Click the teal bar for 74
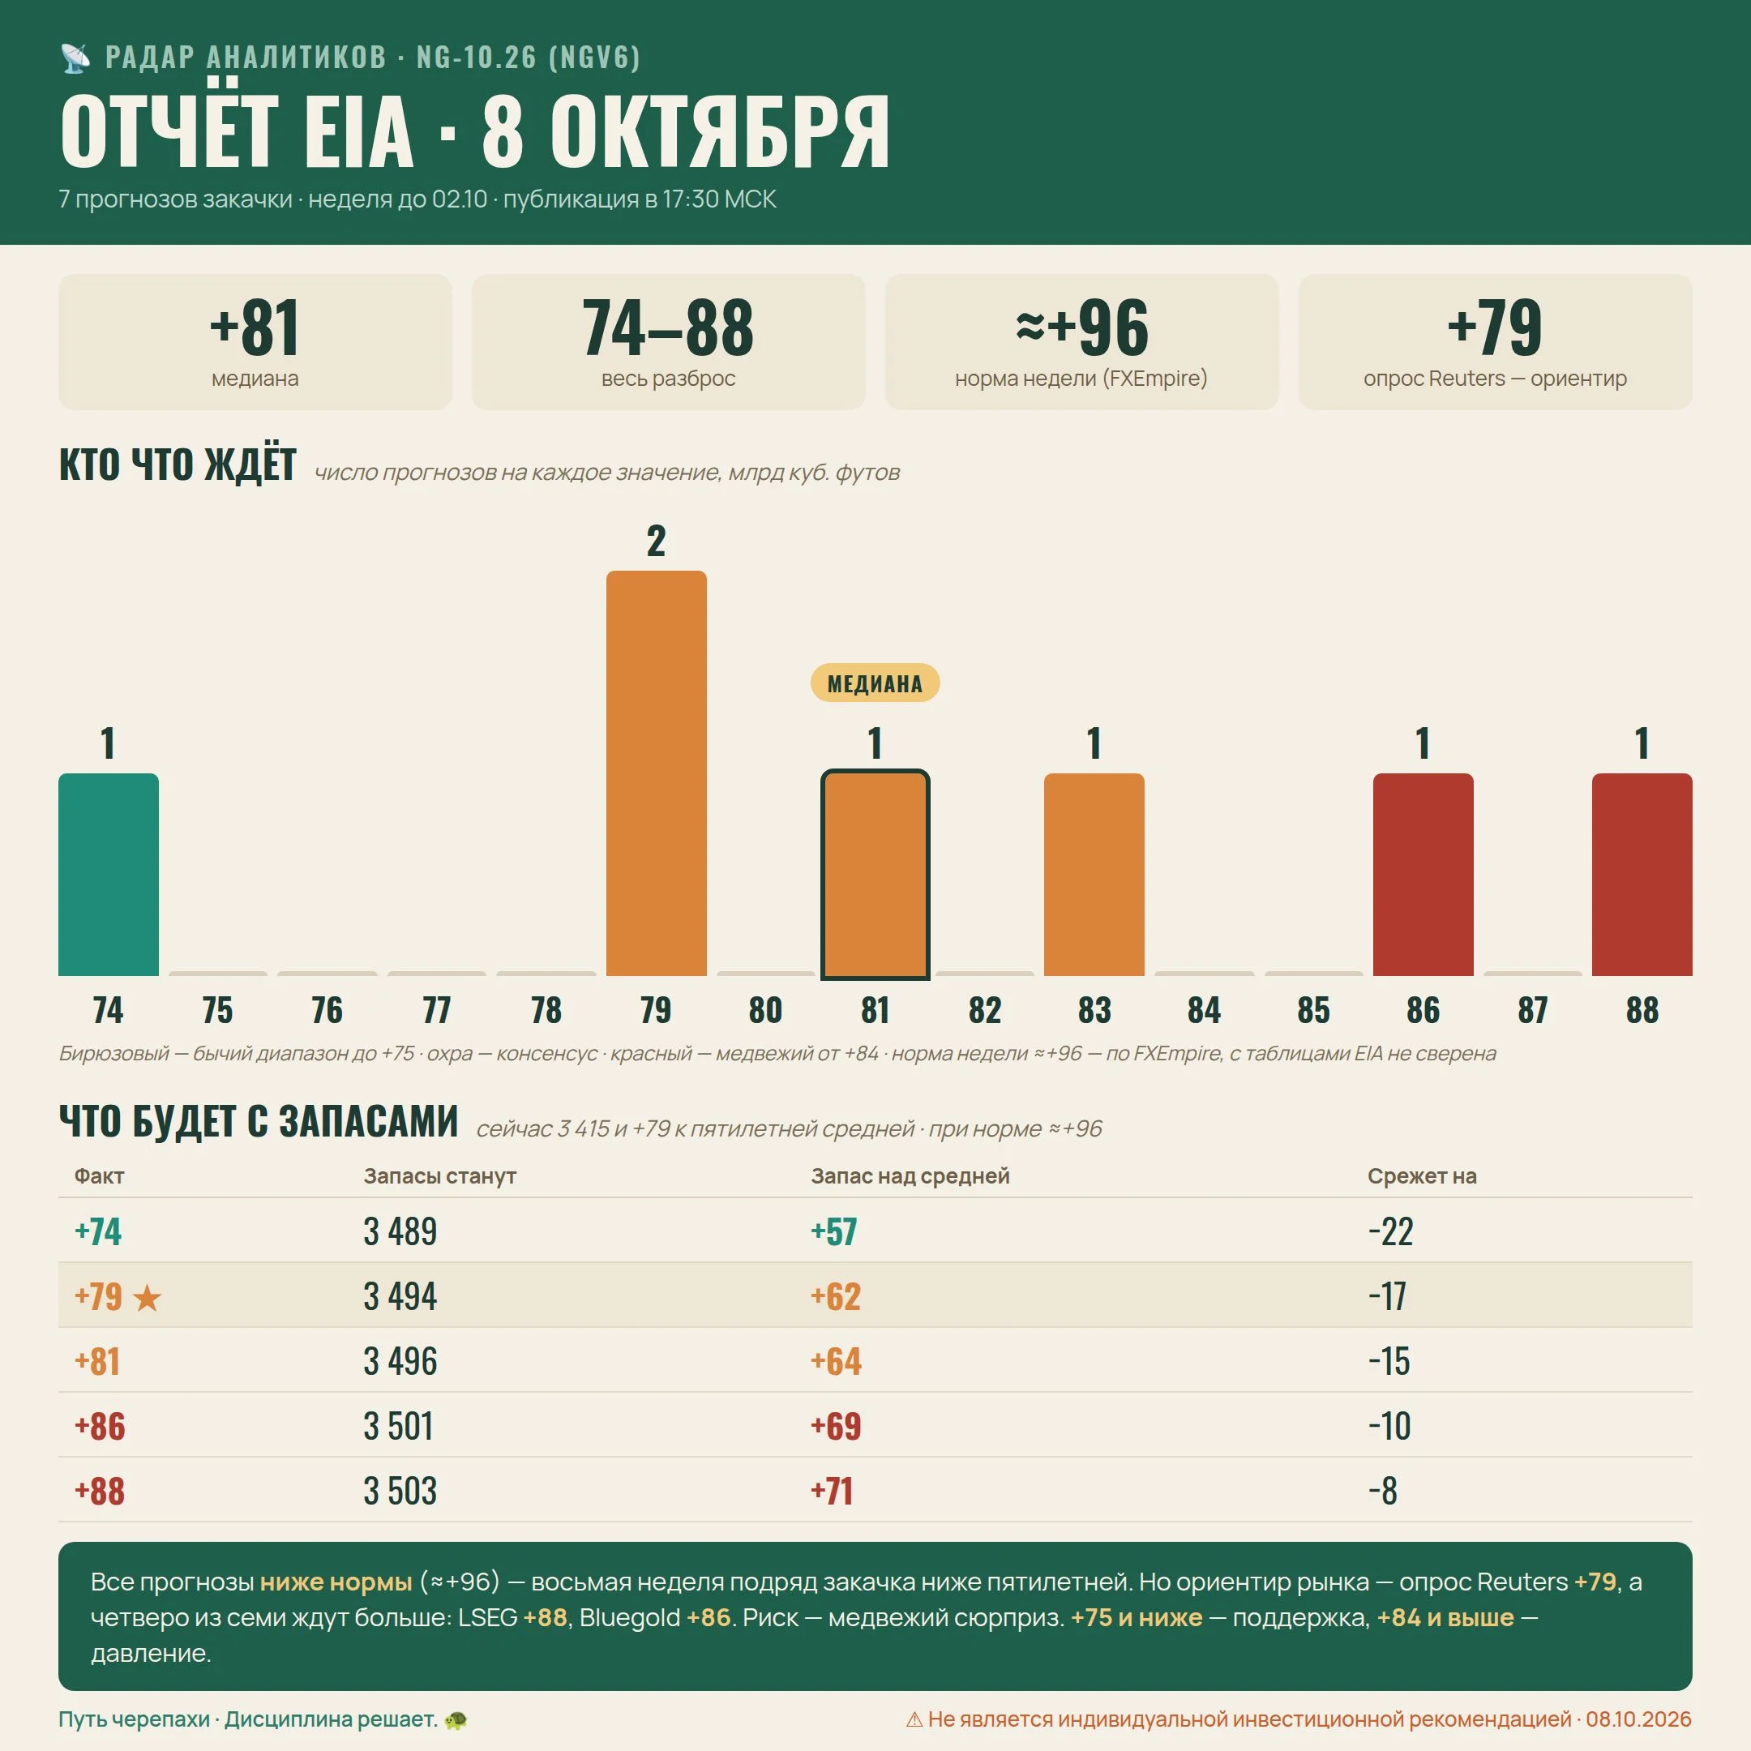108,875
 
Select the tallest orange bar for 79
656,773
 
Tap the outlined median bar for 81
875,875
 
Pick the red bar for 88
1642,875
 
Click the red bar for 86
1423,875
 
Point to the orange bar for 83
1094,875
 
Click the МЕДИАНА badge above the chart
875,683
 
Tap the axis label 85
1313,1009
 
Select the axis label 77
436,1009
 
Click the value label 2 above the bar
656,541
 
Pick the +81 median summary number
255,328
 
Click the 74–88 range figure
668,328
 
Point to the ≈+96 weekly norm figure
1081,328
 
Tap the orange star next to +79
147,1298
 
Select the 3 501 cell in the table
399,1427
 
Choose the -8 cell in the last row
1383,1492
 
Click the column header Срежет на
1422,1175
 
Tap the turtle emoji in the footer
456,1719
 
